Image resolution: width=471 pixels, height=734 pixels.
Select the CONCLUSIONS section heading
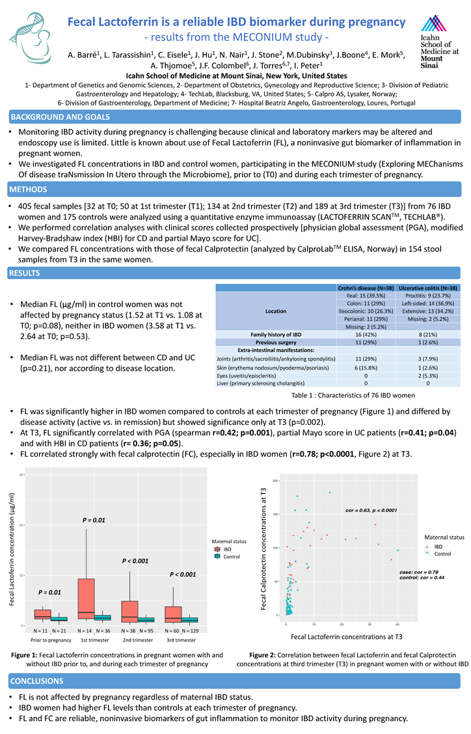[x=36, y=681]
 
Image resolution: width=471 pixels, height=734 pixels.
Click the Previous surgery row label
[x=276, y=342]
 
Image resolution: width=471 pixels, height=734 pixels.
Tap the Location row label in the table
[x=276, y=311]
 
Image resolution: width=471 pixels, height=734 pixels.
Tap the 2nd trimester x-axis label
[x=138, y=640]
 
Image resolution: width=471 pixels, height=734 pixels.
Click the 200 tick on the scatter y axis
[x=276, y=481]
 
